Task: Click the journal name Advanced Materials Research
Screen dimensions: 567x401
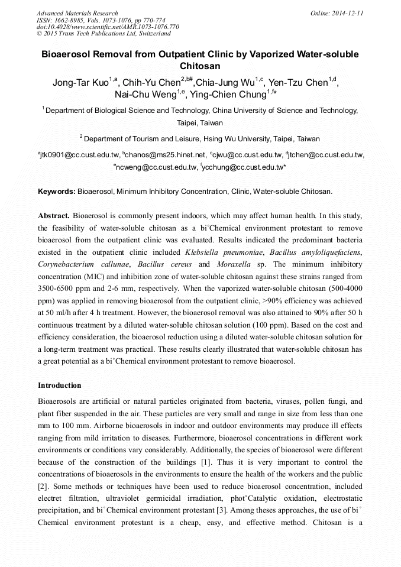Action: pyautogui.click(x=77, y=13)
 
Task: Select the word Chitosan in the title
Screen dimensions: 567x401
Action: pyautogui.click(x=200, y=66)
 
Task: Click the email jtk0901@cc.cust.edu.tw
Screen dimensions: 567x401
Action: pyautogui.click(x=79, y=155)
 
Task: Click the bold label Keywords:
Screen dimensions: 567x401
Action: pyautogui.click(x=57, y=192)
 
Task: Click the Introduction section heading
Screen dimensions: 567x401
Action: pyautogui.click(x=59, y=385)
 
